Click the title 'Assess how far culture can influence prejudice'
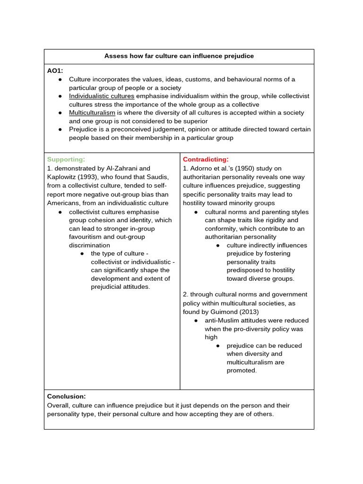(179, 56)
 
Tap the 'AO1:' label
(55, 71)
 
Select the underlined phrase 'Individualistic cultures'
(102, 96)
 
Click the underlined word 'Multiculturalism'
(92, 113)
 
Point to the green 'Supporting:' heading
(66, 160)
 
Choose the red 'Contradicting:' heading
(206, 160)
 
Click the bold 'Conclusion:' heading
(66, 397)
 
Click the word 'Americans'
(63, 203)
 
